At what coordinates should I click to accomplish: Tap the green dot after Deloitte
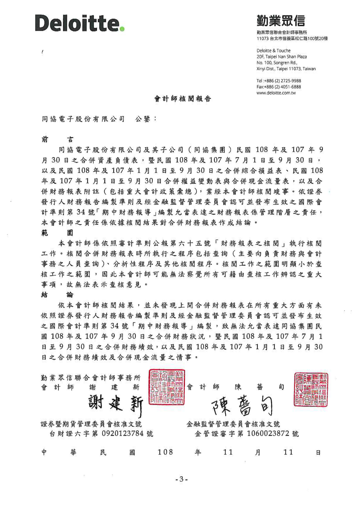(x=122, y=29)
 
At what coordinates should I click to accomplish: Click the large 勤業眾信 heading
(x=281, y=21)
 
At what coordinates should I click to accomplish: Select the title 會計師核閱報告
(x=182, y=99)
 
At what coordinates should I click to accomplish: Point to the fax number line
(x=278, y=87)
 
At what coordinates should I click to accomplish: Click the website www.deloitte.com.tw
(x=276, y=93)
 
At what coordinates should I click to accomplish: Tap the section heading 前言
(x=57, y=140)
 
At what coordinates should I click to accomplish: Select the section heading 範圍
(x=57, y=233)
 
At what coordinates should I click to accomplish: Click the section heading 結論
(x=57, y=295)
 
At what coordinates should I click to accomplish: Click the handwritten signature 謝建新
(x=116, y=404)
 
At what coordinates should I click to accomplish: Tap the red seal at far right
(x=311, y=389)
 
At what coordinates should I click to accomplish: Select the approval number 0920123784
(x=123, y=434)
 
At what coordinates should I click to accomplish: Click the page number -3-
(x=182, y=479)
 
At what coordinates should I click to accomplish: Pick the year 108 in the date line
(x=165, y=452)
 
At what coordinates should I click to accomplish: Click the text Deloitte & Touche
(x=273, y=50)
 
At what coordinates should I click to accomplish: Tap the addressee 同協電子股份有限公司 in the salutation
(x=83, y=119)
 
